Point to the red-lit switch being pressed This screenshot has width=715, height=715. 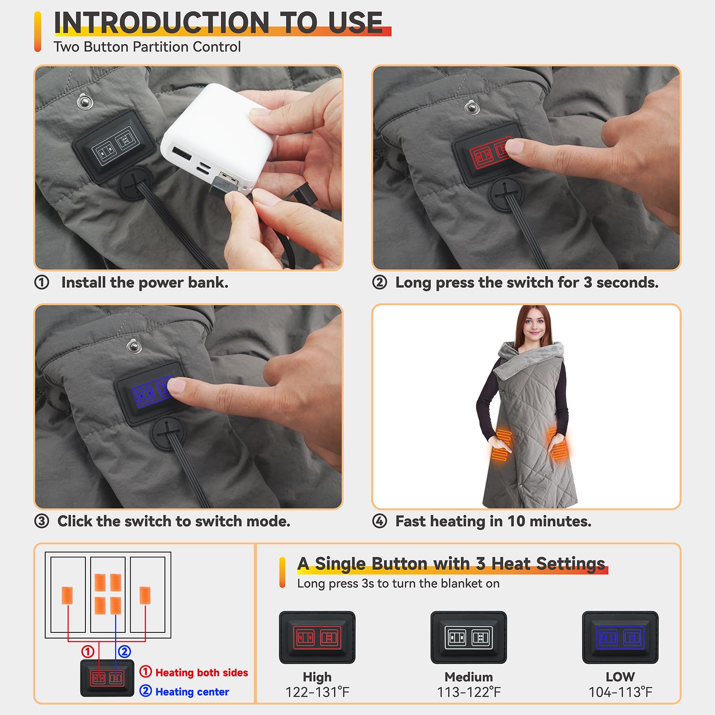pyautogui.click(x=489, y=155)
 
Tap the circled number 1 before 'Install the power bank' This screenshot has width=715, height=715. pyautogui.click(x=42, y=282)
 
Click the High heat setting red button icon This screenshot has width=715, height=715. pyautogui.click(x=317, y=637)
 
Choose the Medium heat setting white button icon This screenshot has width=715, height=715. pyautogui.click(x=469, y=637)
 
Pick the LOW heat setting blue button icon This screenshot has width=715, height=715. pyautogui.click(x=620, y=637)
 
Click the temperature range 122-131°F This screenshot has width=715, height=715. pyautogui.click(x=317, y=692)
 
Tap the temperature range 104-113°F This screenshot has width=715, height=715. pyautogui.click(x=620, y=692)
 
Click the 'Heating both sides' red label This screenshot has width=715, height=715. pyautogui.click(x=202, y=673)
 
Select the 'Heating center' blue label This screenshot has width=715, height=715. pyautogui.click(x=192, y=692)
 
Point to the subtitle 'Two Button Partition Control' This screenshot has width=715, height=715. pyautogui.click(x=147, y=46)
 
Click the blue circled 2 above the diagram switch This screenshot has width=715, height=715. pyautogui.click(x=124, y=652)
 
